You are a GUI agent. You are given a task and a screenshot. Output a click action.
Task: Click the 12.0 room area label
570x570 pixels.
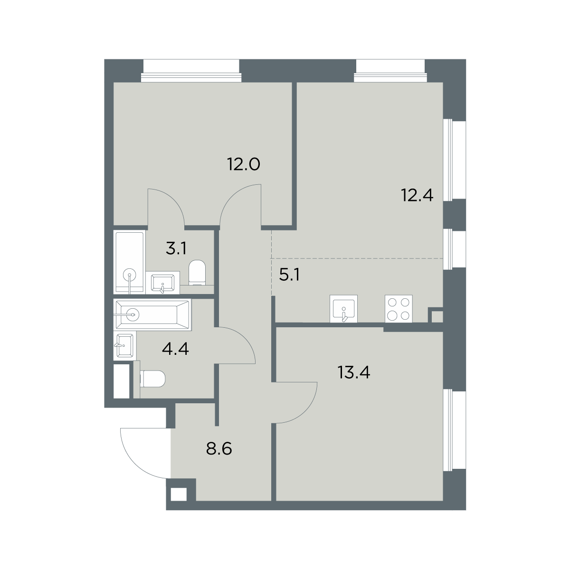pos(244,164)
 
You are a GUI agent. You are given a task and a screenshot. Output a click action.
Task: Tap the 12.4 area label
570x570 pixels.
pos(417,195)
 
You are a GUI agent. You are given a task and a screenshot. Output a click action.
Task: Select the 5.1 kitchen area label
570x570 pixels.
pos(290,275)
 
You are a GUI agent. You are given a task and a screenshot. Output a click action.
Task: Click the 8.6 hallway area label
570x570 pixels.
pos(219,449)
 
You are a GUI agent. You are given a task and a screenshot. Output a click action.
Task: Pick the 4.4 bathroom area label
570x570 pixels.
pos(175,349)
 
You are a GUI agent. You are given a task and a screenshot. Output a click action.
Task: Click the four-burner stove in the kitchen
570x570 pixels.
pos(399,309)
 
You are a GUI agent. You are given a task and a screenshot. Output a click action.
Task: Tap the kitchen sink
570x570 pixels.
pos(343,309)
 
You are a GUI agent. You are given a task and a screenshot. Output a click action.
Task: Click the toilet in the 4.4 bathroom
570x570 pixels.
pos(152,379)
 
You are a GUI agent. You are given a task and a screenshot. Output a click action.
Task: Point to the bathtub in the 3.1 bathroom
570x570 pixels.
pos(130,262)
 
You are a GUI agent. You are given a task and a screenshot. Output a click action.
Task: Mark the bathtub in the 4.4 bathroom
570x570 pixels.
pos(152,314)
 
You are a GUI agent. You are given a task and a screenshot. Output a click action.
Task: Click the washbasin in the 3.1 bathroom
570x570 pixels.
pos(162,283)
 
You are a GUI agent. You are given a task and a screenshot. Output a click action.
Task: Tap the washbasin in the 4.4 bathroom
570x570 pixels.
pos(125,345)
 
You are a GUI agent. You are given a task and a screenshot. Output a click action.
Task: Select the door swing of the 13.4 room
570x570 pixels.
pos(306,412)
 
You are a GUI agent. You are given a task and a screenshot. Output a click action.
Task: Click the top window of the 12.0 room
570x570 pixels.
pos(191,71)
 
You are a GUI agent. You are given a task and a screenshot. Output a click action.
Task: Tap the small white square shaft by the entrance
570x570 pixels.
pos(179,494)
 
